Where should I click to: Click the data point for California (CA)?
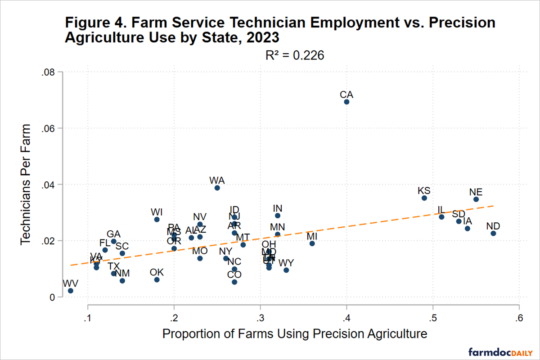coord(346,102)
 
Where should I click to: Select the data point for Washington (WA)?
coord(217,188)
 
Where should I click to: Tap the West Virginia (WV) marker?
coord(71,291)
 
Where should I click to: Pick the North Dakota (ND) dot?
coord(493,233)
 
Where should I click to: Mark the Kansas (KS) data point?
coord(424,198)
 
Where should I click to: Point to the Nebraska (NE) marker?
coord(476,199)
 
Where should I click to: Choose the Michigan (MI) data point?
coord(312,243)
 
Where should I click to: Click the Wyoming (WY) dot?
coord(286,270)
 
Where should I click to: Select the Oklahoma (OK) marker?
coord(157,279)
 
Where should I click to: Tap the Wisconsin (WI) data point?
coord(157,219)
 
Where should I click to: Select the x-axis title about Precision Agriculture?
coord(294,334)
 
